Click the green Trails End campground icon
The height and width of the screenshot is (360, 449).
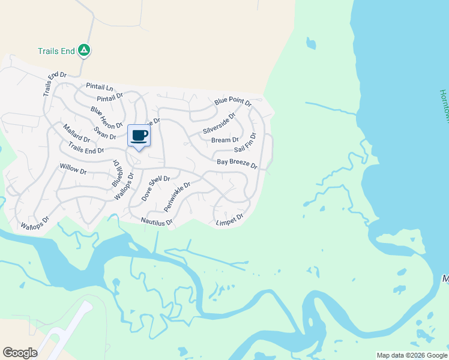point(84,52)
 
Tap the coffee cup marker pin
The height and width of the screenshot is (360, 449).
point(139,136)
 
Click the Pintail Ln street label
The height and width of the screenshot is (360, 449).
point(100,87)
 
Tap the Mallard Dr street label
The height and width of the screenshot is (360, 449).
point(76,135)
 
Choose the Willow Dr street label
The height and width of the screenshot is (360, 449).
point(73,170)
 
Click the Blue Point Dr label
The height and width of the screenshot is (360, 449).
point(233,103)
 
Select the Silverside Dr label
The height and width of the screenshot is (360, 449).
point(220,122)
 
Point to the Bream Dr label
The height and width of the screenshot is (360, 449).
point(225,140)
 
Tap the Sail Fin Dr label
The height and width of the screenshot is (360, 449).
point(245,142)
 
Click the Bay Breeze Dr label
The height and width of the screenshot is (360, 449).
point(237,163)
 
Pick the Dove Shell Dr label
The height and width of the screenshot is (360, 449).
point(156,188)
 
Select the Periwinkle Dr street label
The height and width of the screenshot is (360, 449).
point(177,197)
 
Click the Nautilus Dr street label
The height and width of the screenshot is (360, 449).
point(157,222)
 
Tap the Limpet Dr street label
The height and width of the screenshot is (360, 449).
point(229,220)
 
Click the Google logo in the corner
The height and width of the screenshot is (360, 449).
point(20,353)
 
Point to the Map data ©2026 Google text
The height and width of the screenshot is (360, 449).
point(412,355)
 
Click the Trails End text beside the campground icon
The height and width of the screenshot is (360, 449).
point(56,52)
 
